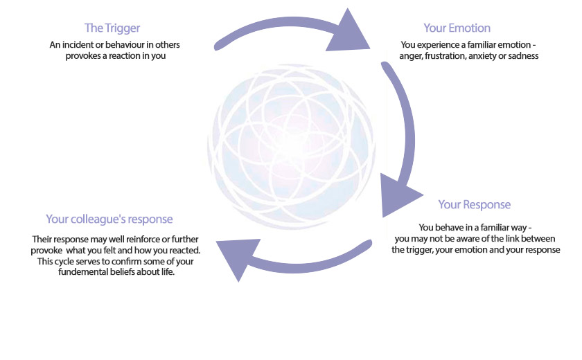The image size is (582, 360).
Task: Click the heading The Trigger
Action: [x=112, y=28]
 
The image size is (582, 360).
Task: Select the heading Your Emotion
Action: [x=457, y=28]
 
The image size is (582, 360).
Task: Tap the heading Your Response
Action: [x=475, y=205]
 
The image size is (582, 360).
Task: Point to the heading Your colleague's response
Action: [x=109, y=219]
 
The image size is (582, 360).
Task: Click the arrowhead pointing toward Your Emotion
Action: [x=348, y=33]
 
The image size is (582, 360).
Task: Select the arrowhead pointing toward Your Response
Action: [x=398, y=195]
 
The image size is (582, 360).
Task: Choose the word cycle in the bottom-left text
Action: [x=64, y=262]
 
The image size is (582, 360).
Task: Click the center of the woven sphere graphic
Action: [x=292, y=147]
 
